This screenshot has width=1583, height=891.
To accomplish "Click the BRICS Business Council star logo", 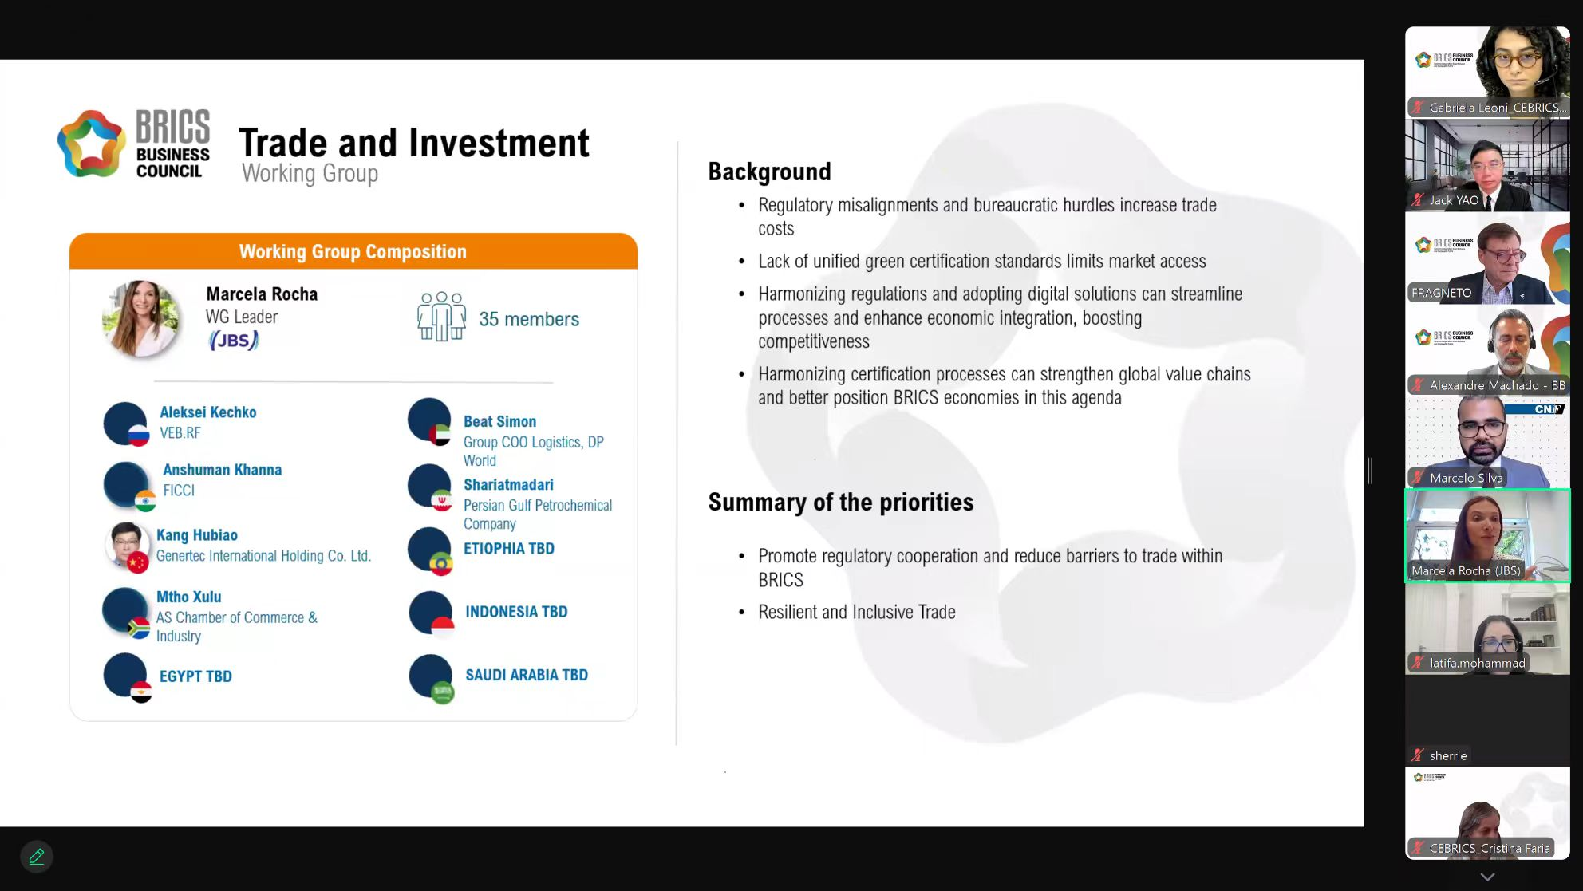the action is coord(91,144).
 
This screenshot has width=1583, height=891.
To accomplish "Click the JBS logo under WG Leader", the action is coord(234,341).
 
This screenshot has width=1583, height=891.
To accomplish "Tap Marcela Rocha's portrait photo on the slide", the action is coord(141,317).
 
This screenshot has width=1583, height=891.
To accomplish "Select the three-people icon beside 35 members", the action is coord(441,317).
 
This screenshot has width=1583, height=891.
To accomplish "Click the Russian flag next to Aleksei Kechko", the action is coord(139,435).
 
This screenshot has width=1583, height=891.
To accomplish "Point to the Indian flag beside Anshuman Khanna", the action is coord(145,500).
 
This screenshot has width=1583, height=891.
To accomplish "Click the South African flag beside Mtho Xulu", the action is coord(139,629).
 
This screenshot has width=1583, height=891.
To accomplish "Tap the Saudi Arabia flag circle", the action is coord(442,692).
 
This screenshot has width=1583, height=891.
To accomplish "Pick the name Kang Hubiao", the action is coord(197,535).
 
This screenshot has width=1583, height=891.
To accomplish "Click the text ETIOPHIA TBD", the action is coord(509,549).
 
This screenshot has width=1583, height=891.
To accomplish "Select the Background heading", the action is coord(769,171).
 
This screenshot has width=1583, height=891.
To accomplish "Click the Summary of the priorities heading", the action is coord(841,502).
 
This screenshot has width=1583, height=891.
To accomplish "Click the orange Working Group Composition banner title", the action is coord(353,252).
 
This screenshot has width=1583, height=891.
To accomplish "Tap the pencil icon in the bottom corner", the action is coord(37,857).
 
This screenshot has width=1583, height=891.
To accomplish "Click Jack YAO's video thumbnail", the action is coord(1487,165).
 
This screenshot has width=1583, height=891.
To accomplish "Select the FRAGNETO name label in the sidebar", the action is coord(1441,293).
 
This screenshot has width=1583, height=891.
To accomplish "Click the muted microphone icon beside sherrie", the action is coord(1418,755).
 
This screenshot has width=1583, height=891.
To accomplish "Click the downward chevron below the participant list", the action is coord(1487,877).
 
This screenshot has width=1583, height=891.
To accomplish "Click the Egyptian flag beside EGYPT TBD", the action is coord(141,692).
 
